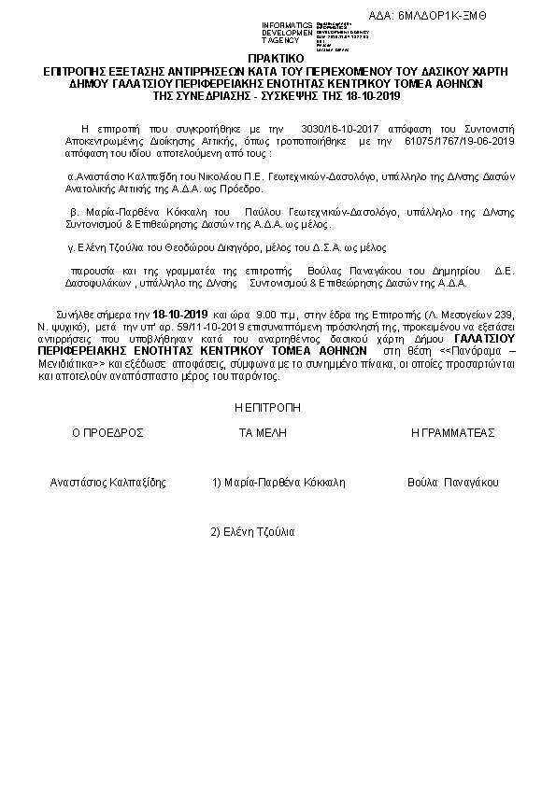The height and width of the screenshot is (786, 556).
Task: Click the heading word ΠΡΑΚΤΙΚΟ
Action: pyautogui.click(x=278, y=59)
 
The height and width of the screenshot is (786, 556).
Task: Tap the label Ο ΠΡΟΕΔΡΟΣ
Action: pyautogui.click(x=107, y=433)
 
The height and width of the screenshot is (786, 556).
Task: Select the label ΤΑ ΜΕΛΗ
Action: pyautogui.click(x=263, y=433)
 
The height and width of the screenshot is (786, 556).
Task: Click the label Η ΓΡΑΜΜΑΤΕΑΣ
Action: pyautogui.click(x=453, y=433)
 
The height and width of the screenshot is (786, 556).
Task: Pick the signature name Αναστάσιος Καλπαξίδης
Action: pyautogui.click(x=107, y=483)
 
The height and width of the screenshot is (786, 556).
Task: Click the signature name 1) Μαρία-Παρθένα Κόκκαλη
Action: pyautogui.click(x=279, y=483)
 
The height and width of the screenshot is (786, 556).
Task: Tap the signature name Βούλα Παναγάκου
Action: pyautogui.click(x=453, y=483)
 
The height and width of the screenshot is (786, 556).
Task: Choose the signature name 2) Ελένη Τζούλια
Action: pyautogui.click(x=252, y=531)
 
